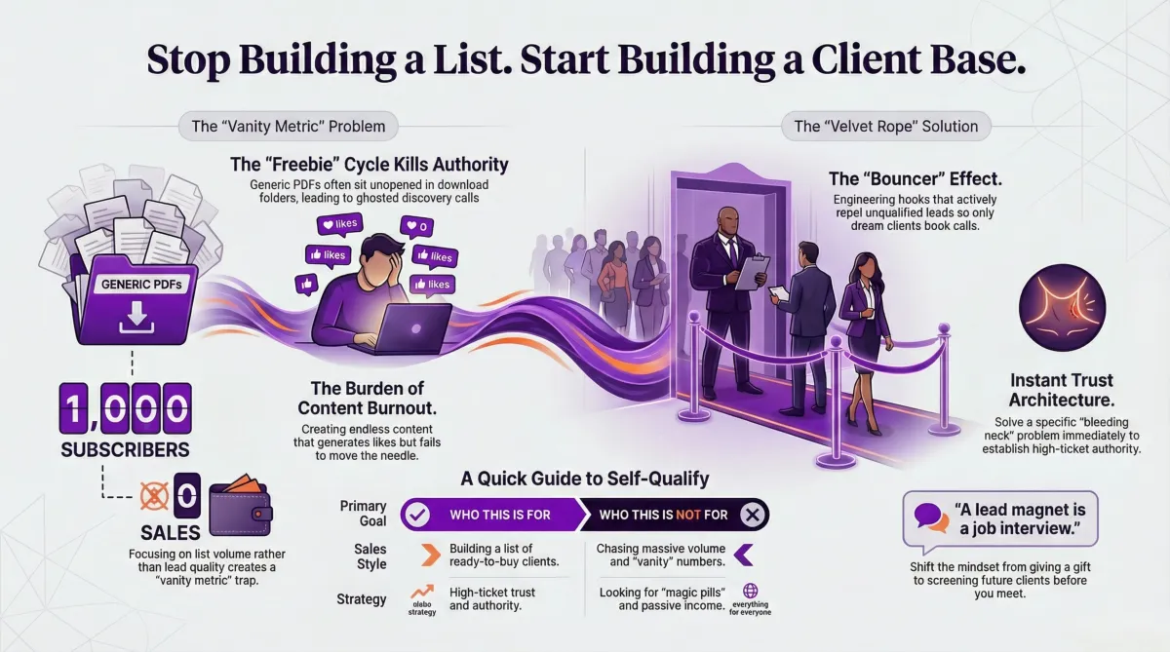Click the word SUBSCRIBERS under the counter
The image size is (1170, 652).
pos(124,450)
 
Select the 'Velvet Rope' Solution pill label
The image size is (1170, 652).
pos(886,126)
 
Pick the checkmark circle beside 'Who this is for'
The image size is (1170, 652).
pos(416,514)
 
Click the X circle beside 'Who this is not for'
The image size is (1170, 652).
pos(751,514)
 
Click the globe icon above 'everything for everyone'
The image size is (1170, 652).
pos(751,592)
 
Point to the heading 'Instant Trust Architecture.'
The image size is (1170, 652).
pos(1061,390)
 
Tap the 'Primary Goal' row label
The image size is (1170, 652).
pos(363,514)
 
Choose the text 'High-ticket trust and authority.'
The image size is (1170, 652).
pos(492,598)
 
